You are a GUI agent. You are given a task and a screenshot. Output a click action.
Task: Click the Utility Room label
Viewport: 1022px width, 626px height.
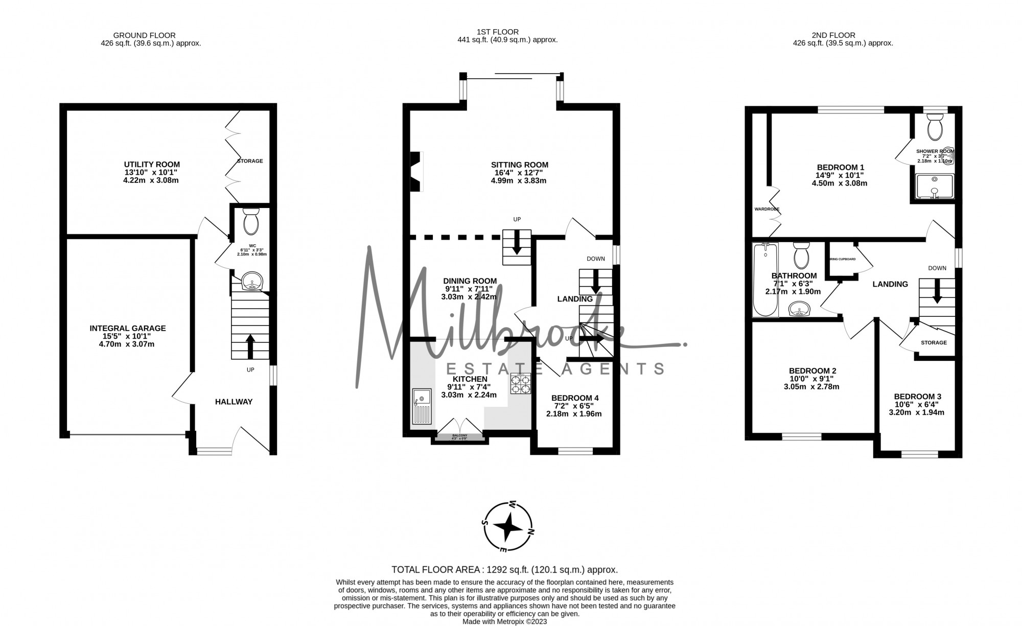152,165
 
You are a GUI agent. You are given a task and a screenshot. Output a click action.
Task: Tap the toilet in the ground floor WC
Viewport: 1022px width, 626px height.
251,222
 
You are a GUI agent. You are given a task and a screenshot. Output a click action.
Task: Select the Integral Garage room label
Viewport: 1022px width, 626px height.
127,329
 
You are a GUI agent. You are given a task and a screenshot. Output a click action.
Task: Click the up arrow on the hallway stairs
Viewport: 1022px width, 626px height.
250,346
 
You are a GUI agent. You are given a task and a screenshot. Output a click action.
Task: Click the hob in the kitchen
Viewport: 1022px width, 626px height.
520,383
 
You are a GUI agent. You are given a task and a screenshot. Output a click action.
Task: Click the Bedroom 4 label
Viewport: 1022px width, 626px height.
574,398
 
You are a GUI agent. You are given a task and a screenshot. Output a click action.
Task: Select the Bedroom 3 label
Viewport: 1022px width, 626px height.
917,397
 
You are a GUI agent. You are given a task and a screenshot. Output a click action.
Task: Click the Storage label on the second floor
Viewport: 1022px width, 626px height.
934,343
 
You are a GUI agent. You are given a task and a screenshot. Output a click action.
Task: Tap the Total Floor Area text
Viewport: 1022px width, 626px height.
504,569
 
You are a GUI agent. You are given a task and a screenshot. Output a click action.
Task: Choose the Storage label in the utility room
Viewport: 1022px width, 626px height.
250,161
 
